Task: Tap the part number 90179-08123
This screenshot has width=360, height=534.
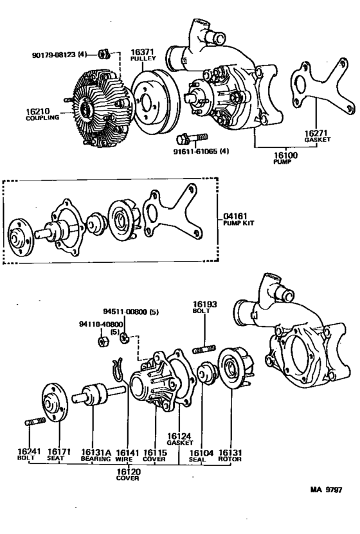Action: tap(55, 54)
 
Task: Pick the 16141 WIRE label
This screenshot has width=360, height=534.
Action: tap(124, 454)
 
